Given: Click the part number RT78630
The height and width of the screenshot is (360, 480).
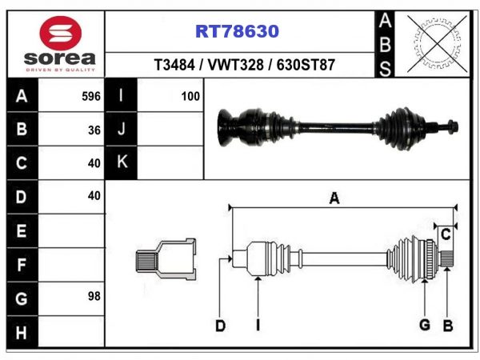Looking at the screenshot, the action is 238,31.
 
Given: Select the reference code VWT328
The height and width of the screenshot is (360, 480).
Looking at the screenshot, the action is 235,65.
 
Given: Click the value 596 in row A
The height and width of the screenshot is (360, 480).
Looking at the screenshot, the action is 91,97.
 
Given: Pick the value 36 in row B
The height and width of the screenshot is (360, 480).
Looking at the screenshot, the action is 94,130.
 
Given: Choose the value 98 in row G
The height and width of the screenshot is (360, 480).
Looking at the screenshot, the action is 94,296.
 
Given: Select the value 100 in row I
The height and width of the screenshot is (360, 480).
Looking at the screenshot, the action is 190,97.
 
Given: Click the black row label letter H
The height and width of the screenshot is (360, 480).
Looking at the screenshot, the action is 21,332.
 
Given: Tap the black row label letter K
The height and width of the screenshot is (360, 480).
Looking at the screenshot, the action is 122,162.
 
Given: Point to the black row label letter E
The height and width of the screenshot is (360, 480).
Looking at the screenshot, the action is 21,230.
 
